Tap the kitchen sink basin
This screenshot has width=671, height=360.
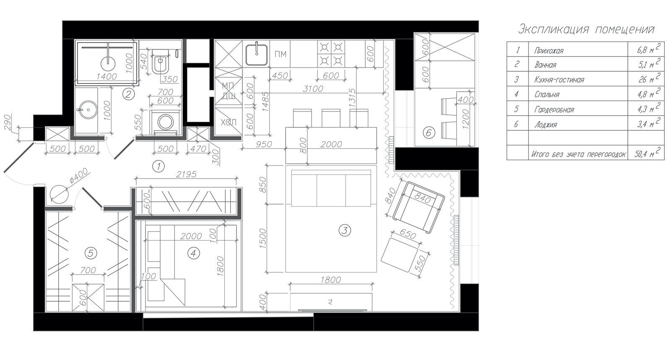256,54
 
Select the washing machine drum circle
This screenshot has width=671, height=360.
165,122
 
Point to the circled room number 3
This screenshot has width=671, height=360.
344,231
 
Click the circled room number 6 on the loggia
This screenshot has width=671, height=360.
429,132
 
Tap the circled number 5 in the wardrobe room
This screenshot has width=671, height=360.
91,253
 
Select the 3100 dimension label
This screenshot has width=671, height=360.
313,89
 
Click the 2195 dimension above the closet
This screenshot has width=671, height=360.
186,174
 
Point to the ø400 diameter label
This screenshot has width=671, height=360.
78,176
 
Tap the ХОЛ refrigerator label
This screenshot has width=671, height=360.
228,122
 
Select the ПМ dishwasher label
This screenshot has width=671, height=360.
281,54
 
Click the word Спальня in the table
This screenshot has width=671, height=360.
547,95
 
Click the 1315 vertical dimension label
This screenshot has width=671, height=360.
352,98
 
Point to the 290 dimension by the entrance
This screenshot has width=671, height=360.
8,122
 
